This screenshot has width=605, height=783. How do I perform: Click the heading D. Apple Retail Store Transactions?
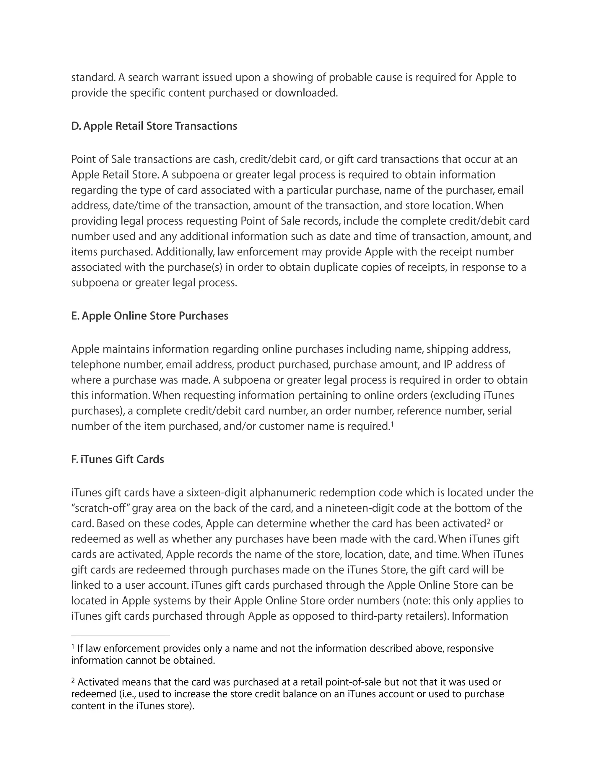pos(154,126)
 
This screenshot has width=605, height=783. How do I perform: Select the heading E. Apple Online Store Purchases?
pos(149,316)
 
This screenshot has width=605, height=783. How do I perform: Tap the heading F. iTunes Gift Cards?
pos(118,460)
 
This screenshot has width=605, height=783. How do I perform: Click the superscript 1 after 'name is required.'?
pos(392,424)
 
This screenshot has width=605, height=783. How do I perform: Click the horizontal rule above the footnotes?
pos(121,635)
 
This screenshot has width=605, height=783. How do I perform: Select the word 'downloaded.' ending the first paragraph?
pos(306,93)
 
